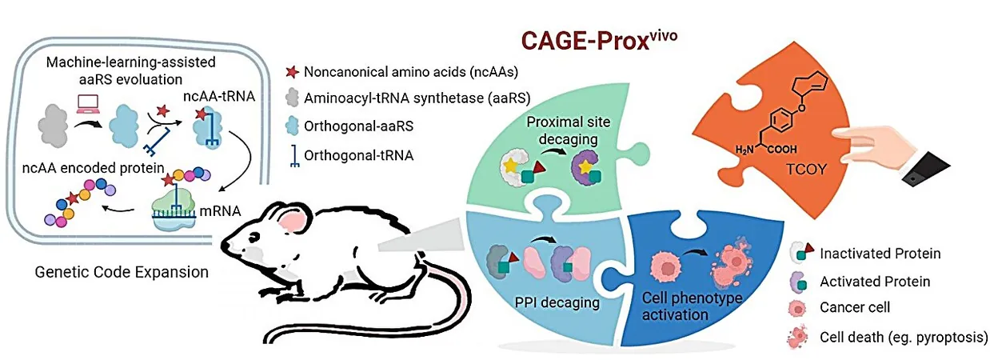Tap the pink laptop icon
(x=87, y=102)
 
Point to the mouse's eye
(x=255, y=238)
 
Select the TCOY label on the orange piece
(x=806, y=169)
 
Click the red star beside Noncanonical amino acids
(x=292, y=72)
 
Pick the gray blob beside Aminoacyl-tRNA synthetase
(x=292, y=98)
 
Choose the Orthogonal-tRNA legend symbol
(x=294, y=157)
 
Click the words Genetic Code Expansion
(x=122, y=271)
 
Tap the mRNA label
(x=220, y=210)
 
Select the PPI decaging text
(x=557, y=302)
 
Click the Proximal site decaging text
(x=568, y=130)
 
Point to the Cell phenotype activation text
(x=692, y=306)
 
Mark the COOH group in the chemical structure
(x=782, y=150)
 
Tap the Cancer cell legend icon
(x=797, y=308)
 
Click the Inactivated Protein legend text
(x=880, y=254)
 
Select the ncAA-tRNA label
(x=219, y=96)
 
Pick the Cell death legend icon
(x=797, y=338)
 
